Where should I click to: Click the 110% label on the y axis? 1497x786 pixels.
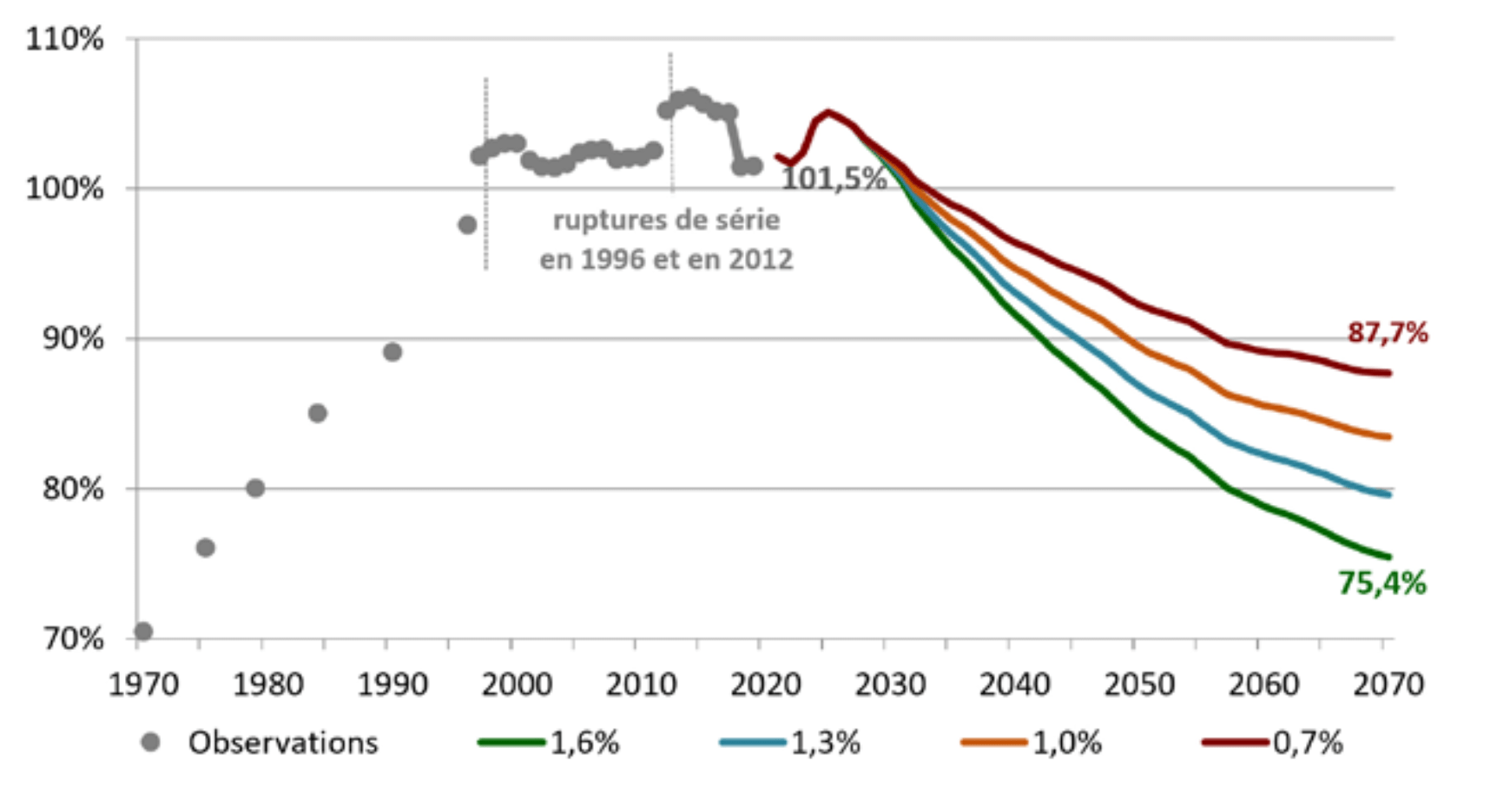click(64, 39)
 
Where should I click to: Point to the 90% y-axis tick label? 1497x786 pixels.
click(72, 338)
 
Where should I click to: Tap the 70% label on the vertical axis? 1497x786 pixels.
click(72, 639)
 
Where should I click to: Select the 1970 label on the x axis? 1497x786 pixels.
click(143, 684)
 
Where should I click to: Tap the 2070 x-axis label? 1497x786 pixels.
click(1388, 684)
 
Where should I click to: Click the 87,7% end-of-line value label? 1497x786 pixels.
click(1387, 332)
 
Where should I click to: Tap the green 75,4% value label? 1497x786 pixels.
click(1382, 584)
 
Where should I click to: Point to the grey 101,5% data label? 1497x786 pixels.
click(834, 179)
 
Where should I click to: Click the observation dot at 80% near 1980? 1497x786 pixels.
click(255, 488)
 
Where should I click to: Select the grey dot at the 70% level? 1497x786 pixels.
click(143, 631)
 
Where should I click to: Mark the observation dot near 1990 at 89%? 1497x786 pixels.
click(392, 352)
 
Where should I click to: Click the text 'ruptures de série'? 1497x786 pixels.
click(666, 220)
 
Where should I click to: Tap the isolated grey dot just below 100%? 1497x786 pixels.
click(467, 226)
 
